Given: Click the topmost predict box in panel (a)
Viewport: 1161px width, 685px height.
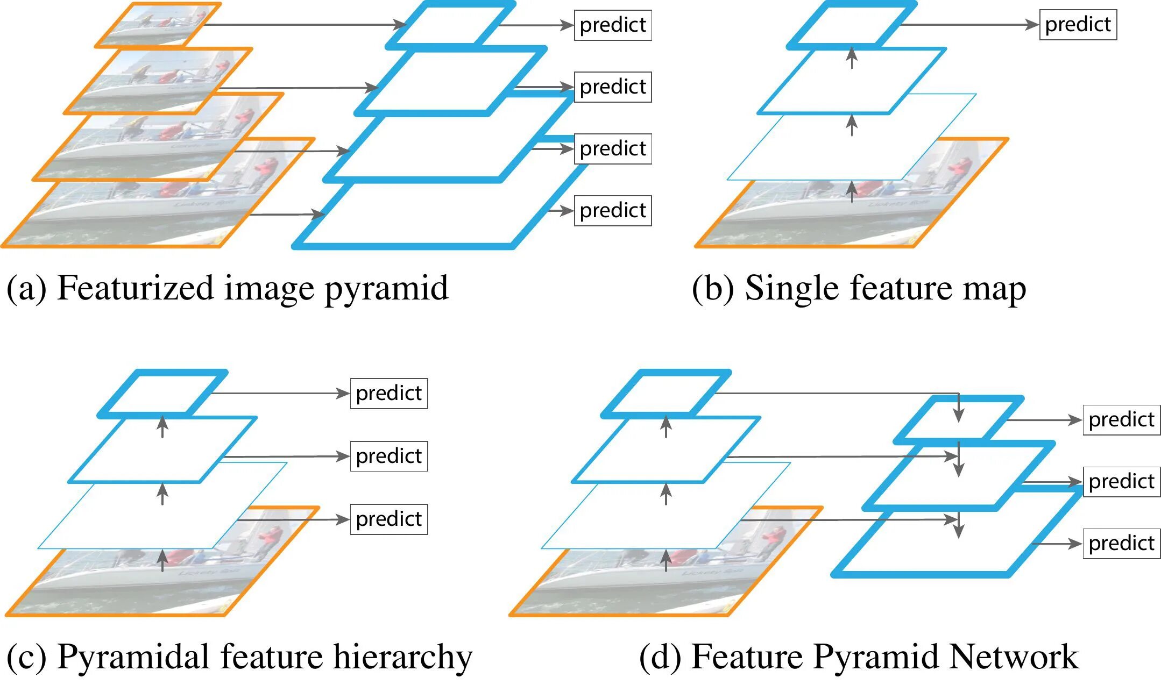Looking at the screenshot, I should [613, 25].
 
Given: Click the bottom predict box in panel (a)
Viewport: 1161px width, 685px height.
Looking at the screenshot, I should [613, 211].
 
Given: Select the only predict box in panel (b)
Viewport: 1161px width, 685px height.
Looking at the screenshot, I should [1078, 25].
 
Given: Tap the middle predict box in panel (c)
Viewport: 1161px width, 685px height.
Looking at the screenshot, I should [388, 456].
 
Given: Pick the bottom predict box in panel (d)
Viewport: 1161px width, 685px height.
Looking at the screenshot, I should [1121, 544].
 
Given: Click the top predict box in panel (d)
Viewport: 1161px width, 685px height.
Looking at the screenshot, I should [1121, 420].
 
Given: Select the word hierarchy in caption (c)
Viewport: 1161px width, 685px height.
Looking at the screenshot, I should [402, 657].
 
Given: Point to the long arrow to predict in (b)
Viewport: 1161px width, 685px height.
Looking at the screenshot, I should [968, 25].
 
